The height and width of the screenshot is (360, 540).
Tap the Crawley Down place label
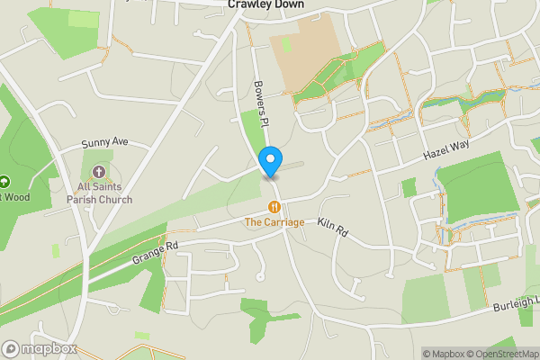pyautogui.click(x=265, y=4)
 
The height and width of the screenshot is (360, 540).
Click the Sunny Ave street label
pyautogui.click(x=105, y=142)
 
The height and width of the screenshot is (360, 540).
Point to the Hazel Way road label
pyautogui.click(x=447, y=150)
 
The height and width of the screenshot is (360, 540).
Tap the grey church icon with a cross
pyautogui.click(x=99, y=172)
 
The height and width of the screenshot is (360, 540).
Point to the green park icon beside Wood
pyautogui.click(x=4, y=181)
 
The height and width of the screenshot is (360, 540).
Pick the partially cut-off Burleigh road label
pyautogui.click(x=517, y=305)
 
